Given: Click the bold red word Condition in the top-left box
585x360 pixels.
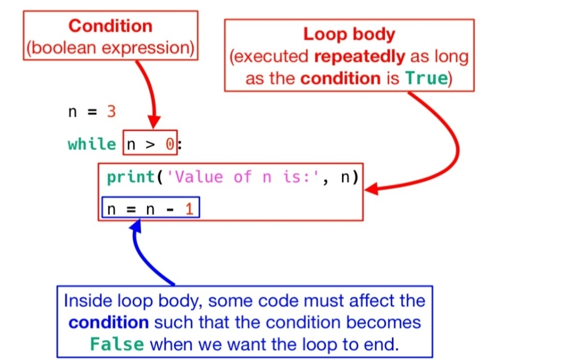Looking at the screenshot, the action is click(x=110, y=26).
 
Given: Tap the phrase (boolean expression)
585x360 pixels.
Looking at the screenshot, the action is click(x=110, y=48).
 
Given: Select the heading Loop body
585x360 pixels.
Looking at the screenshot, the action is click(x=349, y=34).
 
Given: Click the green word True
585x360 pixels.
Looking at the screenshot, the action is click(x=426, y=78).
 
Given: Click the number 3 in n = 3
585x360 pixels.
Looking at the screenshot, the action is click(x=112, y=112).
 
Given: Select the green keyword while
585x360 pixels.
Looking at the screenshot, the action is click(x=92, y=144).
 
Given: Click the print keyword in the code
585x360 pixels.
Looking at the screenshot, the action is click(x=130, y=177).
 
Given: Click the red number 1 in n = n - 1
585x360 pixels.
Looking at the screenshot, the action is click(x=189, y=209).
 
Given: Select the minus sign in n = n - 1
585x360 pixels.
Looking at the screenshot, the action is click(x=170, y=209).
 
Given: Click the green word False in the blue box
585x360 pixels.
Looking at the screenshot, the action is click(x=117, y=343).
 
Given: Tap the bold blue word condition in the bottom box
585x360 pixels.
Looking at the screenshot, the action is click(x=109, y=322).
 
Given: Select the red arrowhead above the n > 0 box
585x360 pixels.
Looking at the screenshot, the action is click(x=154, y=123).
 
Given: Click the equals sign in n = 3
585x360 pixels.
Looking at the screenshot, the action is click(x=92, y=112).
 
